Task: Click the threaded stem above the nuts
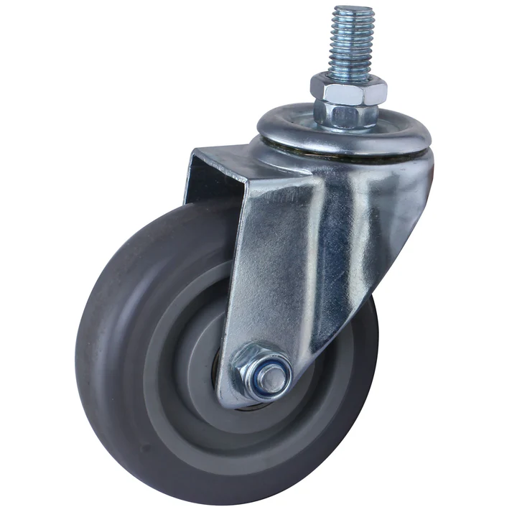pos(351,43)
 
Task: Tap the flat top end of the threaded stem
pos(353,9)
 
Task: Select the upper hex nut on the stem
pos(349,89)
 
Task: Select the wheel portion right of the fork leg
pos(345,373)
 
